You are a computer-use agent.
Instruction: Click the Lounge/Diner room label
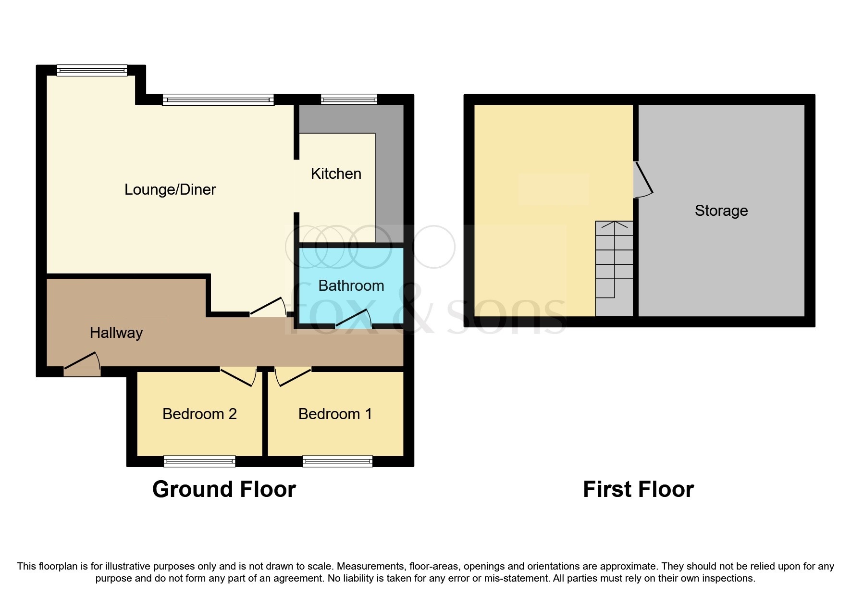click(x=170, y=189)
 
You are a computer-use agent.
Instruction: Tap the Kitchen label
click(x=336, y=174)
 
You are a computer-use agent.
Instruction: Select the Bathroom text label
click(x=351, y=286)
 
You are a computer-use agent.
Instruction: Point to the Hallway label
click(x=116, y=333)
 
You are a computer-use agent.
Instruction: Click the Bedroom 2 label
click(x=199, y=414)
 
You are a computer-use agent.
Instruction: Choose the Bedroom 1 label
click(x=335, y=414)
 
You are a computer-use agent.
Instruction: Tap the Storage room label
click(x=721, y=211)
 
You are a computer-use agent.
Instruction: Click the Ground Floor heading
click(x=224, y=489)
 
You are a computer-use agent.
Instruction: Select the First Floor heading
click(x=638, y=489)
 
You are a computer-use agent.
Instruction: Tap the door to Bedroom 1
click(x=293, y=376)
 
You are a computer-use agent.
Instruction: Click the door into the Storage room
click(x=642, y=179)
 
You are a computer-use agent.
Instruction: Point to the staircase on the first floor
click(x=614, y=264)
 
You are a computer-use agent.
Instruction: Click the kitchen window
click(x=349, y=99)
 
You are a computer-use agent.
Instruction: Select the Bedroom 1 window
click(x=337, y=461)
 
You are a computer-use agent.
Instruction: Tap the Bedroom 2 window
click(x=199, y=461)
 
